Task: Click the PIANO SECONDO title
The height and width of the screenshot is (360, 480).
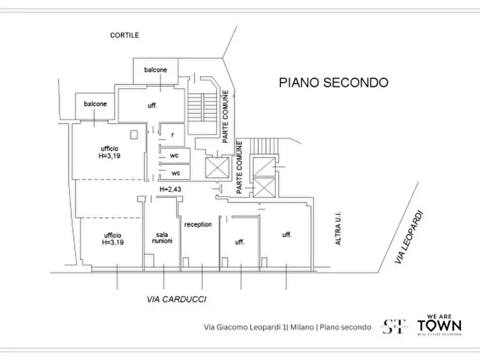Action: point(333,83)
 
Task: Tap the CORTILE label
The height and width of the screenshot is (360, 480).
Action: point(124,35)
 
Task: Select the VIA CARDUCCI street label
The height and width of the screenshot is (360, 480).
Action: point(177,299)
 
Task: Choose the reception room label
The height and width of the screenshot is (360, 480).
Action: point(198,225)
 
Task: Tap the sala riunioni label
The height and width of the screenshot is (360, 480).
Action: point(161,238)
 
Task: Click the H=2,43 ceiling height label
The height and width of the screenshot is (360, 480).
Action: point(169,190)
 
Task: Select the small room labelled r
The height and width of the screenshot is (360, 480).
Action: point(172,134)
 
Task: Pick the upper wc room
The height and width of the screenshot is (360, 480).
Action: point(174,156)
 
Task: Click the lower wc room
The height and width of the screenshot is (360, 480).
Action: point(174,173)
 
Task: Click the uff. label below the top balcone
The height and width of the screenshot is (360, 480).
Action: point(152,106)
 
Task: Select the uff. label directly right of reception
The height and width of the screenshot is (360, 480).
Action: point(239,242)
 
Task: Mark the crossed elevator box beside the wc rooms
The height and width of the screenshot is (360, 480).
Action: point(217,168)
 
